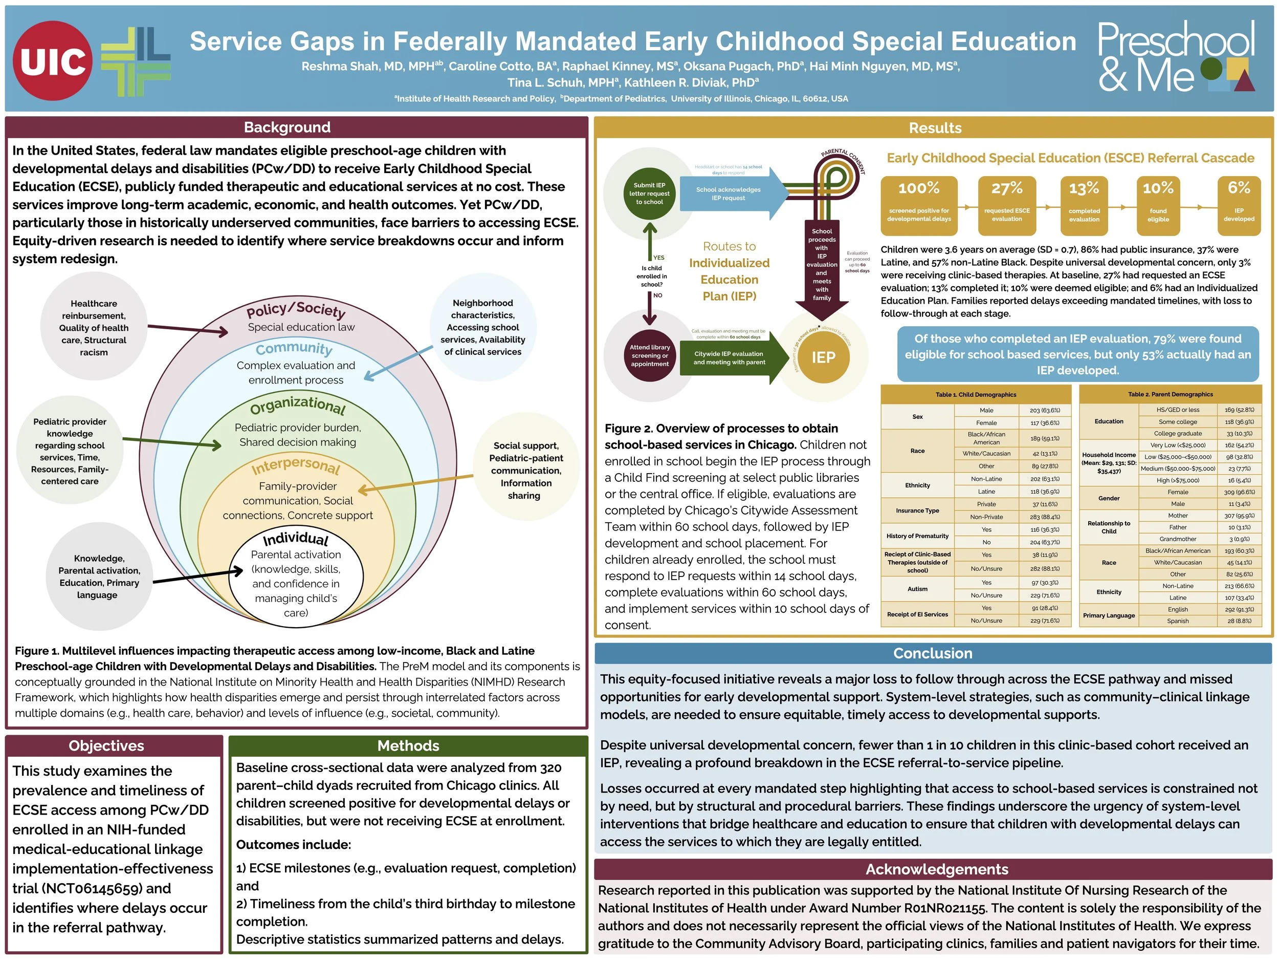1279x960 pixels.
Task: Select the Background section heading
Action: click(x=287, y=127)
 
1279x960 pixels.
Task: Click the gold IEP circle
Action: click(x=823, y=357)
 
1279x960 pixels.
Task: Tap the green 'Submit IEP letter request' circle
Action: click(x=649, y=193)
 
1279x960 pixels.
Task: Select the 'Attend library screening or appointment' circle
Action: click(x=649, y=355)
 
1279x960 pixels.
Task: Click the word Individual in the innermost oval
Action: click(x=296, y=539)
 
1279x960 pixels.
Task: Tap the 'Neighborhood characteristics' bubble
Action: click(x=482, y=327)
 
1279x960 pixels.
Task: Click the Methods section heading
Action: click(x=408, y=745)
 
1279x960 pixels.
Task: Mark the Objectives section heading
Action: click(x=106, y=745)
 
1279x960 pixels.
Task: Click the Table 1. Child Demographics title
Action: click(x=976, y=395)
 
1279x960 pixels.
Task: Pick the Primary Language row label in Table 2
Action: click(x=1109, y=615)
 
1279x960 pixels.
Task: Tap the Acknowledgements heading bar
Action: click(x=936, y=869)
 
